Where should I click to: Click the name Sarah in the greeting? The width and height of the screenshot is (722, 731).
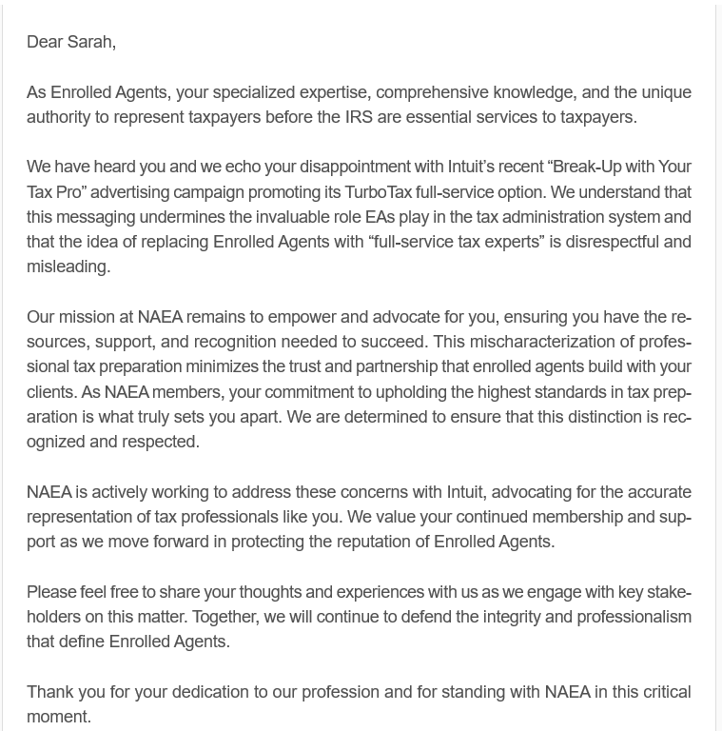pyautogui.click(x=90, y=42)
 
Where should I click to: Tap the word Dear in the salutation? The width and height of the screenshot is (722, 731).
pyautogui.click(x=44, y=42)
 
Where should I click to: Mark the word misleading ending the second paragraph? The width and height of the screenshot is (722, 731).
pyautogui.click(x=68, y=267)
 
